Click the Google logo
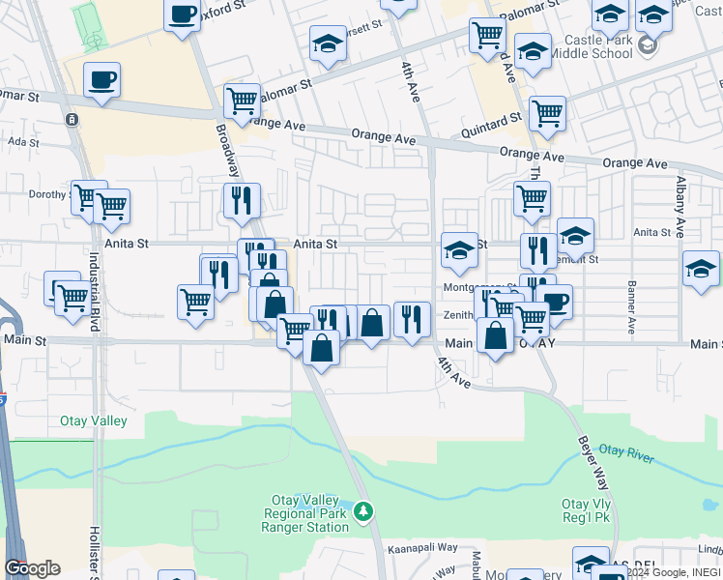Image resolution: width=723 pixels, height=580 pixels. (x=32, y=568)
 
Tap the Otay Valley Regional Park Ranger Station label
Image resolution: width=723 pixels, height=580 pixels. (x=305, y=514)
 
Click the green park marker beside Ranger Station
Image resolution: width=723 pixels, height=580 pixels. (x=363, y=509)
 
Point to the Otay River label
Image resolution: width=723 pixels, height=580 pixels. (x=626, y=450)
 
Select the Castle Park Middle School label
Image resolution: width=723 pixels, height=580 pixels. (x=598, y=46)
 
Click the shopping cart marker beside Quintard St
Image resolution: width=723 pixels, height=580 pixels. (x=547, y=112)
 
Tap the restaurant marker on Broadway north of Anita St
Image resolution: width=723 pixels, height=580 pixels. (x=240, y=199)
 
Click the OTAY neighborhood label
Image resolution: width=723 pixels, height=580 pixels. (x=539, y=343)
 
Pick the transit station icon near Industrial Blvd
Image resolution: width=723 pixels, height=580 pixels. (x=71, y=120)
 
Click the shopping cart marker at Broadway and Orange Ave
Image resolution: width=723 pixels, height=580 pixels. (x=242, y=99)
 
